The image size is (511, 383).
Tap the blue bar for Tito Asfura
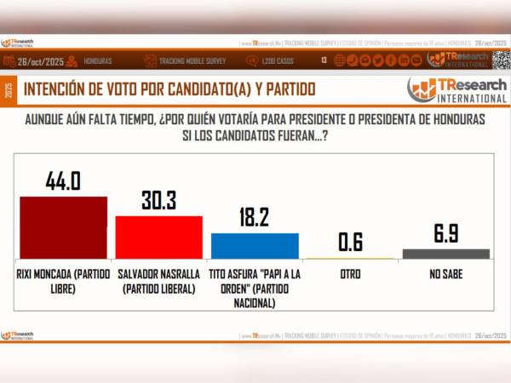pyautogui.click(x=255, y=245)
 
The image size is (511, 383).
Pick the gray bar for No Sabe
pyautogui.click(x=446, y=254)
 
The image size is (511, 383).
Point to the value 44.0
pyautogui.click(x=63, y=181)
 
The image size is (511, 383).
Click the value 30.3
pyautogui.click(x=158, y=200)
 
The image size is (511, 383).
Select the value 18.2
pyautogui.click(x=255, y=217)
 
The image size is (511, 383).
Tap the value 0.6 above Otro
pyautogui.click(x=350, y=242)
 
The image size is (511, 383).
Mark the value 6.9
pyautogui.click(x=446, y=234)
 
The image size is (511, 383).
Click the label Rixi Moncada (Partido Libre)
pyautogui.click(x=63, y=281)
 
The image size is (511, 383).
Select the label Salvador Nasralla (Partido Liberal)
pyautogui.click(x=158, y=281)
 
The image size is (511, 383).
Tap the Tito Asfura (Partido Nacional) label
pyautogui.click(x=255, y=288)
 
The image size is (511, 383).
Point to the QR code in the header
pyautogui.click(x=500, y=60)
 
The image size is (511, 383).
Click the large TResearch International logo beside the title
pyautogui.click(x=456, y=89)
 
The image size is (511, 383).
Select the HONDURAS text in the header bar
pyautogui.click(x=96, y=60)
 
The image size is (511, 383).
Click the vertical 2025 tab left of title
pyautogui.click(x=9, y=89)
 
